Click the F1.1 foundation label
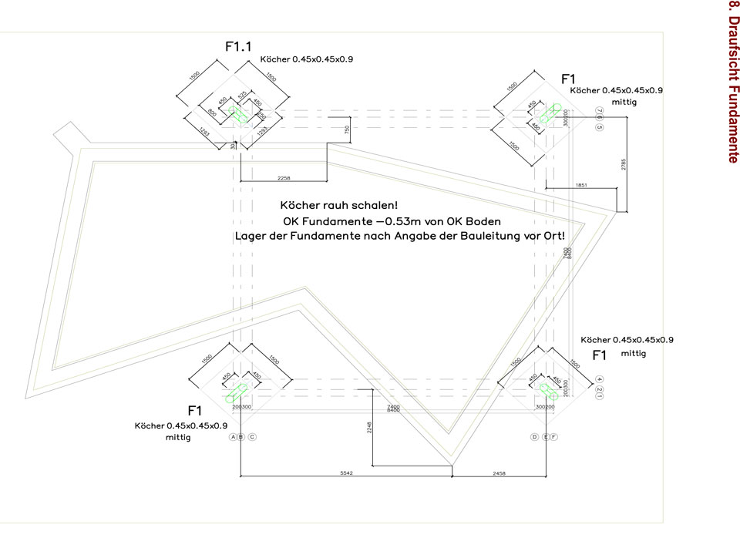pos(238,47)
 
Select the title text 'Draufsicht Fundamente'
pos(733,82)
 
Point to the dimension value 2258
pos(284,179)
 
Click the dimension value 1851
pos(580,185)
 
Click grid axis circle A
pos(232,437)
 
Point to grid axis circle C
pos(252,437)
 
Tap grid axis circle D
pos(534,437)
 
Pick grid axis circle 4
pos(599,378)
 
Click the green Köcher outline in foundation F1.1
pos(238,116)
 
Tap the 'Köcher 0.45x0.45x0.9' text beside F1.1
pos(307,59)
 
